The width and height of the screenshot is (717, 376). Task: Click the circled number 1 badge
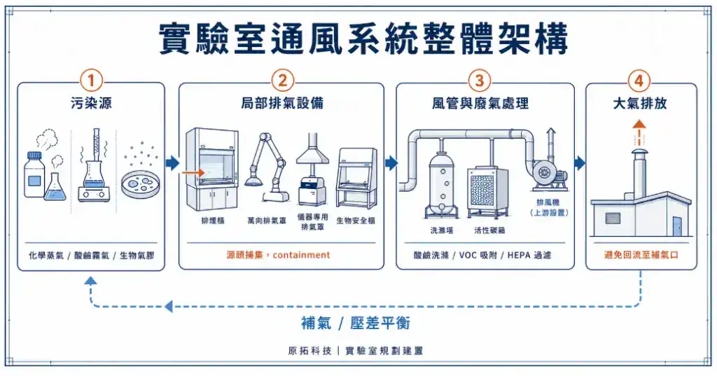tap(91, 80)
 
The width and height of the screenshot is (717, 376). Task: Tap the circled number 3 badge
tap(479, 80)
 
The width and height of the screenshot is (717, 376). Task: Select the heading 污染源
tap(91, 104)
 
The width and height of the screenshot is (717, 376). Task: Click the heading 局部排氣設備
tap(281, 104)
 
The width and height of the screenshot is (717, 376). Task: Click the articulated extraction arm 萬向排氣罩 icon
tap(268, 165)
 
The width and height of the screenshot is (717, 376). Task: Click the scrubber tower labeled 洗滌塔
tap(441, 182)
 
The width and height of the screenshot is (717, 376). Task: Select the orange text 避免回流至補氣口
tap(641, 256)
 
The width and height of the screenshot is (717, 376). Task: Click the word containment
tap(301, 256)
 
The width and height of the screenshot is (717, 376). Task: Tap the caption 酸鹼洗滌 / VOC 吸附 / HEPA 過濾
tap(484, 256)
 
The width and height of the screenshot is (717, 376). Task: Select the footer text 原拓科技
tap(308, 351)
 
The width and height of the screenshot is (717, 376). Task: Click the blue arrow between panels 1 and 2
tap(172, 163)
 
